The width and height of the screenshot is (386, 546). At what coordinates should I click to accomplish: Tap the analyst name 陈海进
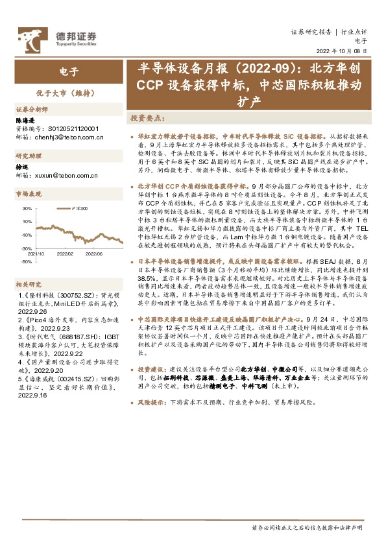24,121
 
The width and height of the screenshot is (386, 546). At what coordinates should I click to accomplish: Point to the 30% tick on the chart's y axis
27,209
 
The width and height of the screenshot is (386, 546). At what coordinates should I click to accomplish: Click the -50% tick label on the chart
27,261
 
